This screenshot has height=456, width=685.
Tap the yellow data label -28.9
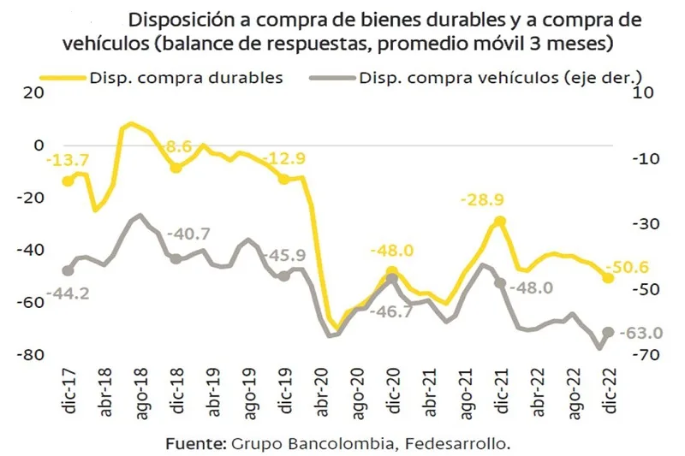pos(481,200)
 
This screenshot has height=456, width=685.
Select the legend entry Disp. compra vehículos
pos(500,77)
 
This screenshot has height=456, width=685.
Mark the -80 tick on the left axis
pos(31,355)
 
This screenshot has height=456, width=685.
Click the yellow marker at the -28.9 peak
pos(500,221)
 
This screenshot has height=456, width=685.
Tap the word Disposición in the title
pos(180,20)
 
